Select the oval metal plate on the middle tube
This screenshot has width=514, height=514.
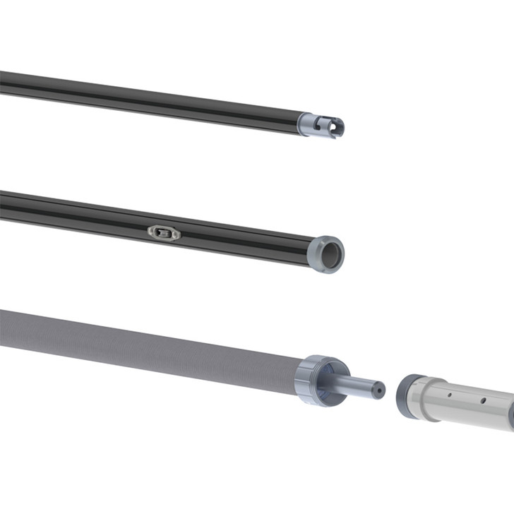click(x=164, y=232)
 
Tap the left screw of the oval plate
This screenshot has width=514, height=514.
click(x=152, y=229)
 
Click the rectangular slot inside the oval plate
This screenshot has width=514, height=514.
click(x=164, y=232)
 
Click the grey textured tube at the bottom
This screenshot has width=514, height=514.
click(x=141, y=346)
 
